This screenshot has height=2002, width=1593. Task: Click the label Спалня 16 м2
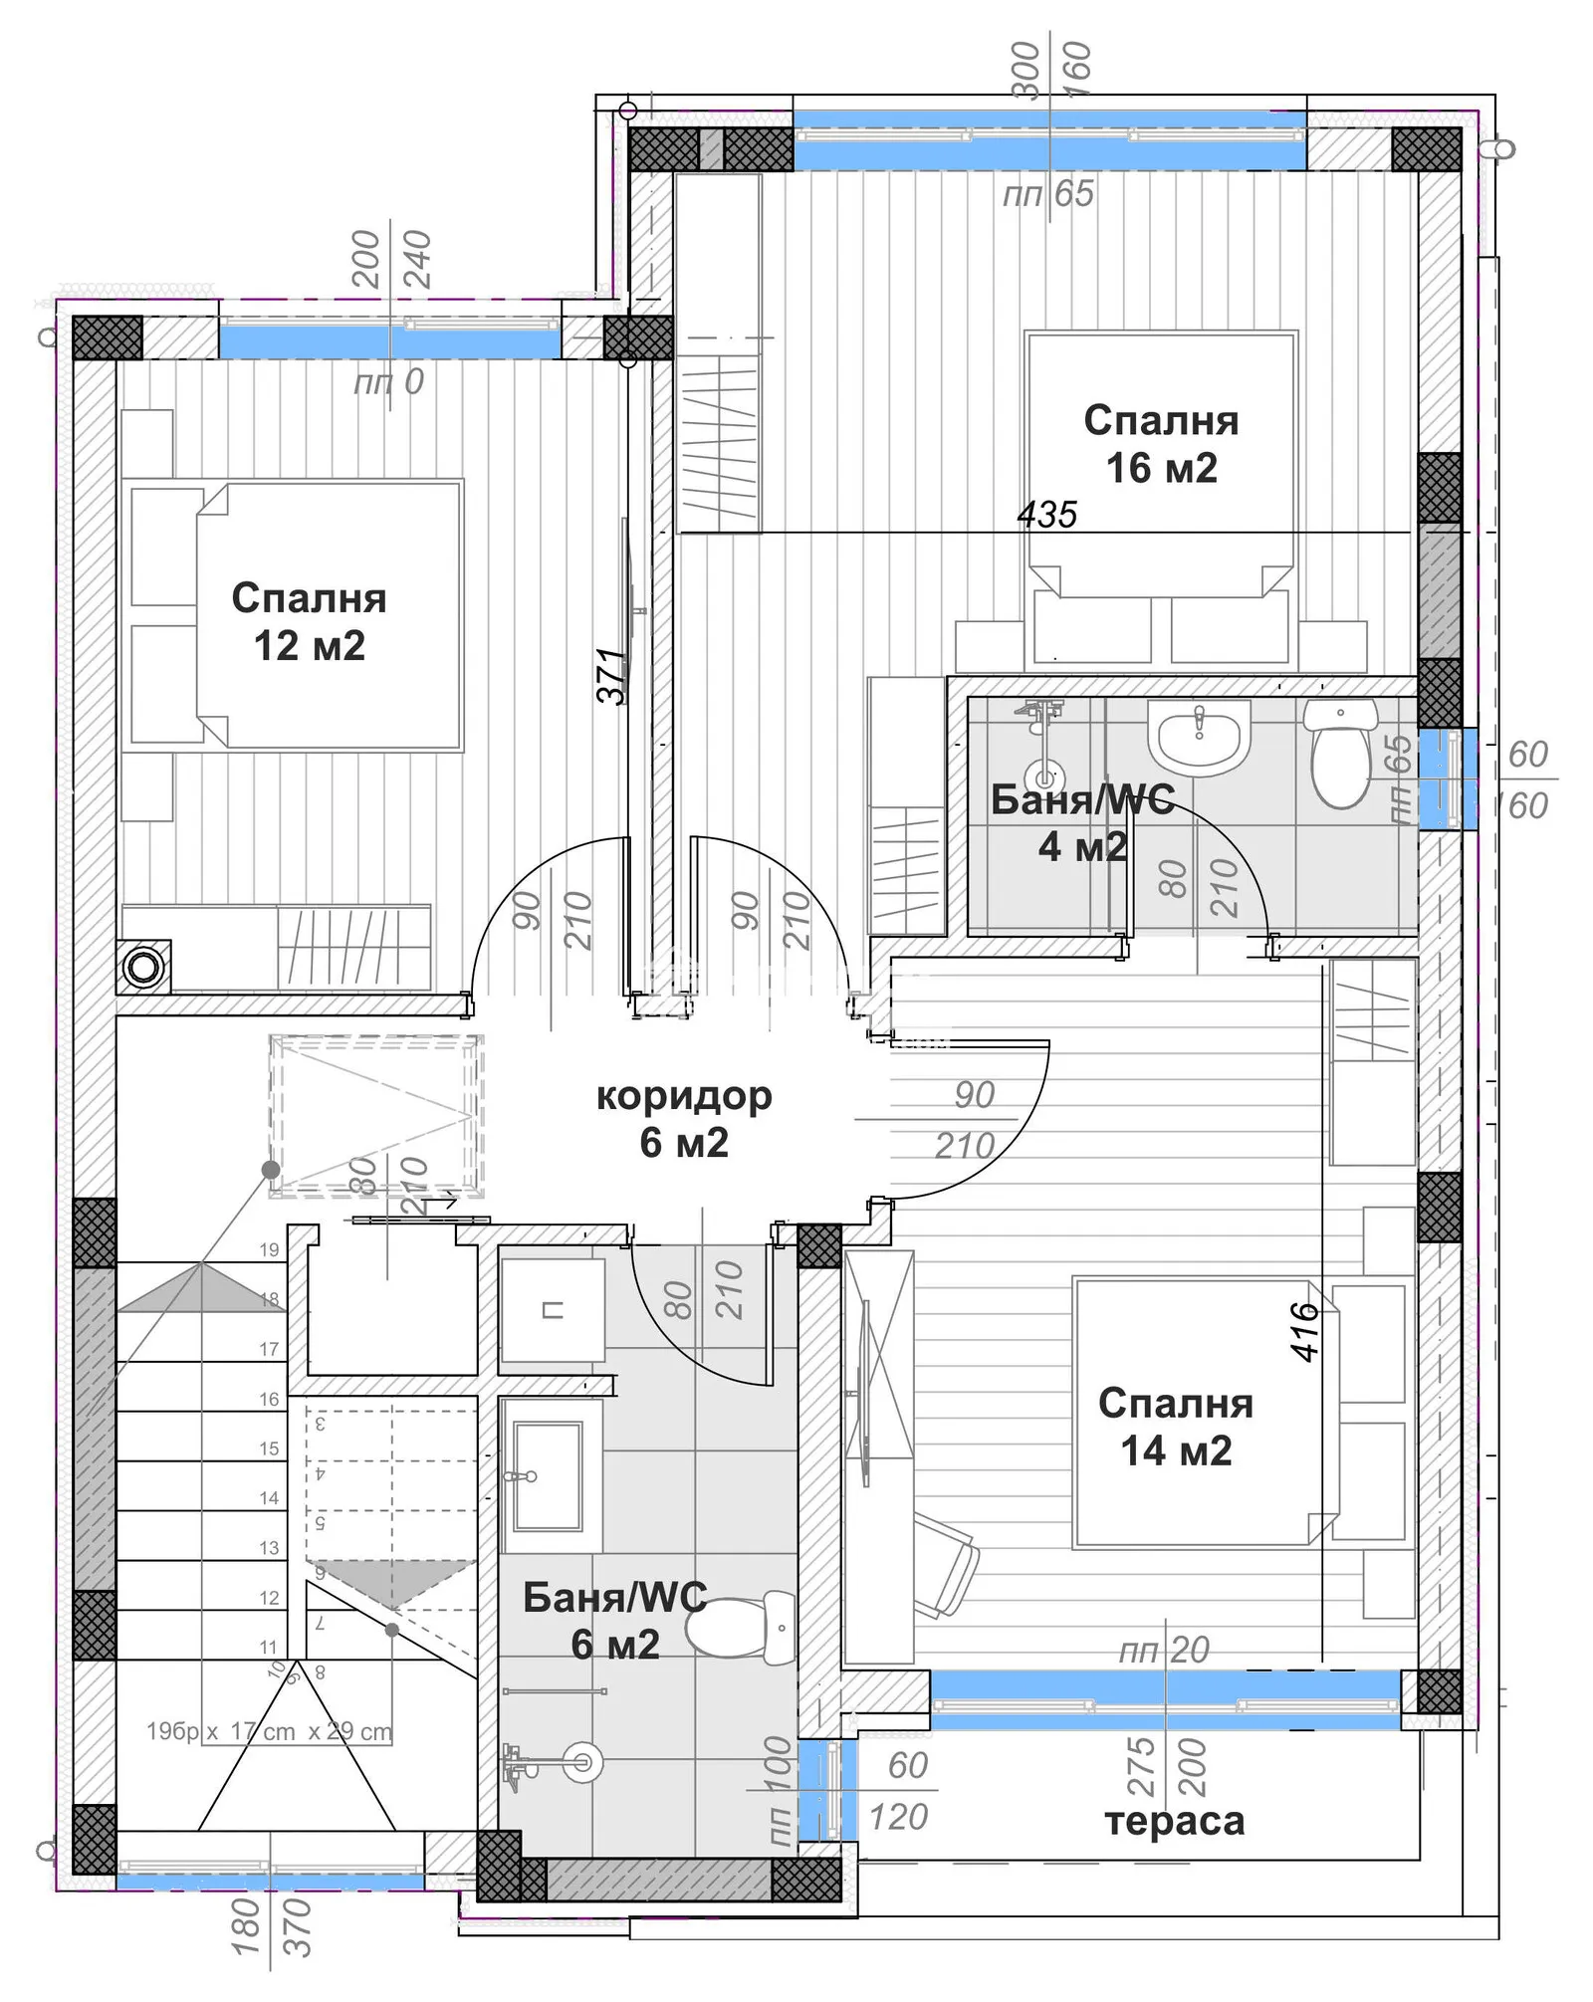coord(1161,444)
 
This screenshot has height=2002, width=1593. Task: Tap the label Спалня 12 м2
coord(309,622)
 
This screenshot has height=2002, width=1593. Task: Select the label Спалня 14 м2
coord(1176,1427)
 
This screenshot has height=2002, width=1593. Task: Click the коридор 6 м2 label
coord(684,1119)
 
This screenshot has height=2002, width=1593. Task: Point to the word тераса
coord(1174,1821)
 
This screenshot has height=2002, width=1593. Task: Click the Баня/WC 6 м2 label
coord(614,1621)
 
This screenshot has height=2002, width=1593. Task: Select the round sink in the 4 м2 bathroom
coord(1199,737)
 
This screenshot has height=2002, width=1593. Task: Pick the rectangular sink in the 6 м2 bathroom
coord(548,1475)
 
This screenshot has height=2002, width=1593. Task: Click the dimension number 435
coord(1046,515)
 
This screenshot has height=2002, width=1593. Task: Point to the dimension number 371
coord(612,676)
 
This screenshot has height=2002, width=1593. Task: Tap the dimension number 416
coord(1304,1331)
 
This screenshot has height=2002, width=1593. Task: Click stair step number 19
coord(269,1249)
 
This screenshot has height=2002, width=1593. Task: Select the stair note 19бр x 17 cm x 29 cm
coord(269,1731)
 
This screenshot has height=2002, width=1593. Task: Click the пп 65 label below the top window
coord(1047,193)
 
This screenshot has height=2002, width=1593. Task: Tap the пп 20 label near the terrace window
coord(1163,1651)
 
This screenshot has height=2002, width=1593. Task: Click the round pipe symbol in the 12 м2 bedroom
coord(142,967)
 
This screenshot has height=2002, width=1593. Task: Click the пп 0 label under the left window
coord(388,381)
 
